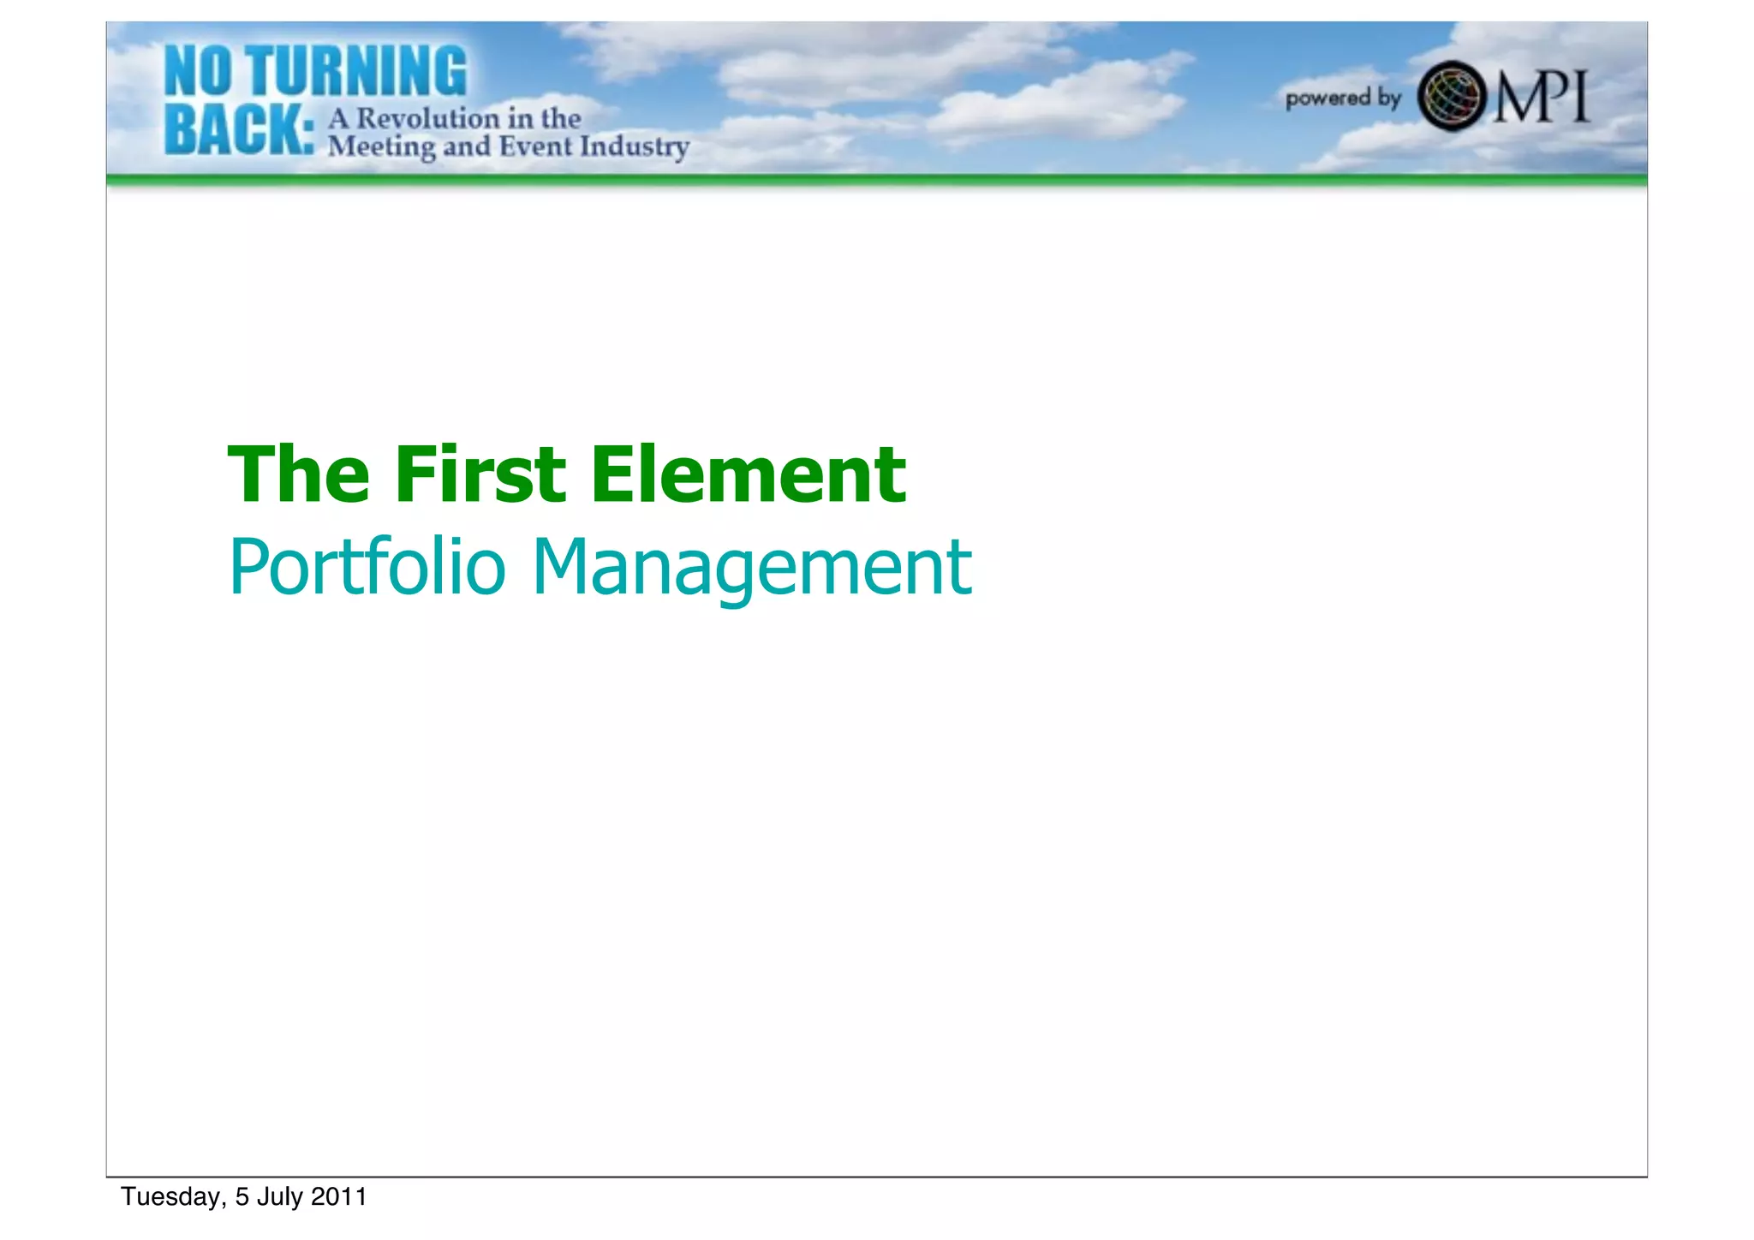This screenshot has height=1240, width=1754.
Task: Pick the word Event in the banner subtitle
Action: [535, 146]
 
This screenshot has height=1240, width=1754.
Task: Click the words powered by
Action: [1343, 98]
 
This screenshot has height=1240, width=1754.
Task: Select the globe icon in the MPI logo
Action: [1452, 96]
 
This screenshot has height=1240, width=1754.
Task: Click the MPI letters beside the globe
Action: [1542, 97]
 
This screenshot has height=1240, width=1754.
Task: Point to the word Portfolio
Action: [367, 566]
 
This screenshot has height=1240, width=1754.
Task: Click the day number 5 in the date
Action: [242, 1197]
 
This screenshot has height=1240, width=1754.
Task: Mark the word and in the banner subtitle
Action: [467, 146]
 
